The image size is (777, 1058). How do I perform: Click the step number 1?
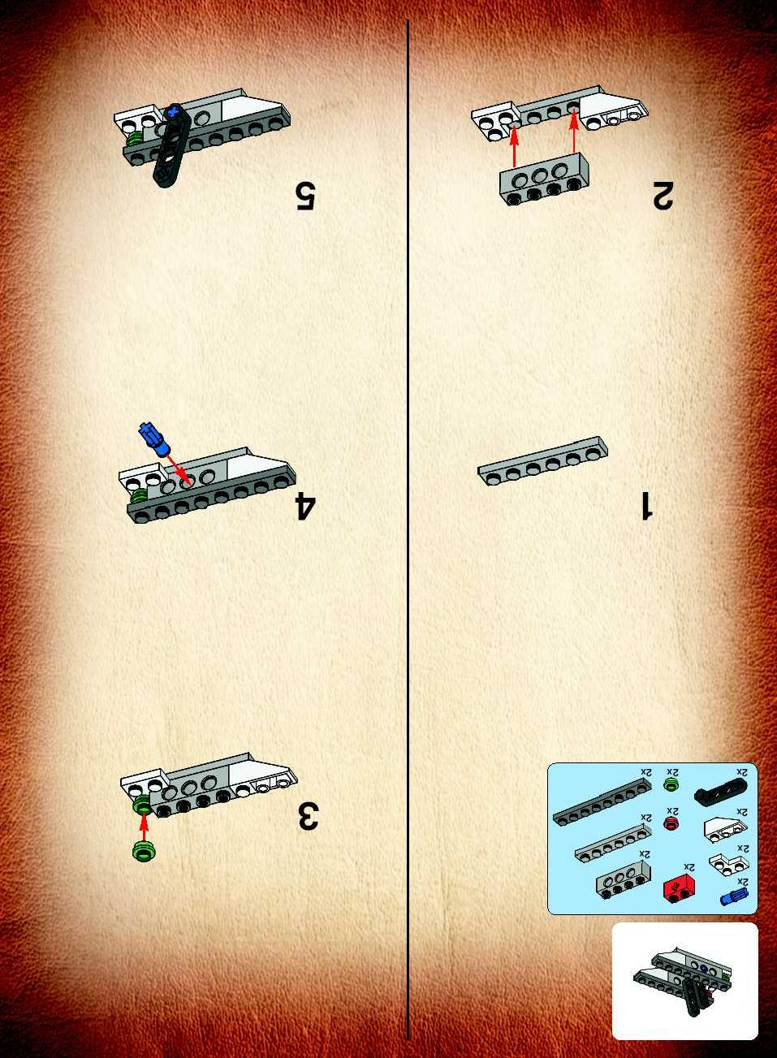pyautogui.click(x=646, y=505)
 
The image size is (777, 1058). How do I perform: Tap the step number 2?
pyautogui.click(x=663, y=194)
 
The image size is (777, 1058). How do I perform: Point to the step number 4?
pyautogui.click(x=304, y=507)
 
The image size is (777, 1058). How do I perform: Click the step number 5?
pyautogui.click(x=305, y=195)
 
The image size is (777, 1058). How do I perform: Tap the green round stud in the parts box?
pyautogui.click(x=670, y=784)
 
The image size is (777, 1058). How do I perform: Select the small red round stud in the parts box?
pyautogui.click(x=670, y=824)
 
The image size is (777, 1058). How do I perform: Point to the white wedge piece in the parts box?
pyautogui.click(x=726, y=830)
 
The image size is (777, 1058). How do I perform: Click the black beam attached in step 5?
pyautogui.click(x=171, y=145)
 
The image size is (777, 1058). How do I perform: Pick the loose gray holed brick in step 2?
pyautogui.click(x=544, y=179)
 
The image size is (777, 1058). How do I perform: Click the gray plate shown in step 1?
pyautogui.click(x=542, y=460)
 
